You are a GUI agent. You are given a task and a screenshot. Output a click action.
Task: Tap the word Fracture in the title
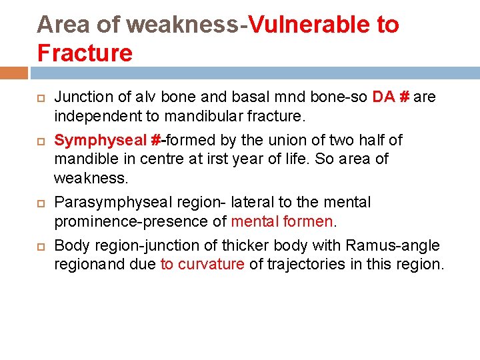85,52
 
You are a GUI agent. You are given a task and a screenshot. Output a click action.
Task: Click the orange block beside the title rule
14,73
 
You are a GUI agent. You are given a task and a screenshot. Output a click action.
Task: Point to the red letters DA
383,97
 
